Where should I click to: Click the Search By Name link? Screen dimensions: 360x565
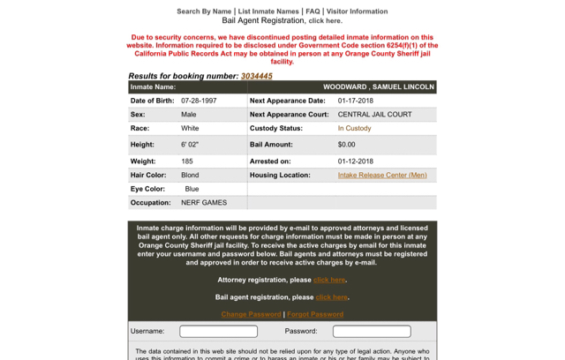(x=204, y=11)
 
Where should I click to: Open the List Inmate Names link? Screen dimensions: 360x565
(x=268, y=11)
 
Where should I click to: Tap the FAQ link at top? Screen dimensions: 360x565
(x=313, y=11)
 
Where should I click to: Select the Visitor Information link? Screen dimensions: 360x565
(x=357, y=11)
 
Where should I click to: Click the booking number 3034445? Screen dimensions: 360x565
(x=257, y=76)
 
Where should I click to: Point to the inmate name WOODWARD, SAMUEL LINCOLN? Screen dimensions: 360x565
(x=379, y=87)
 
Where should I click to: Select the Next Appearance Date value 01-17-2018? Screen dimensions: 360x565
(x=356, y=101)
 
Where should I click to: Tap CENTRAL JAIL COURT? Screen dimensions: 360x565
(x=374, y=115)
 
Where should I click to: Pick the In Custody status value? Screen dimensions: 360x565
(x=354, y=129)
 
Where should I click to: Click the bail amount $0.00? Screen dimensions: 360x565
(x=347, y=145)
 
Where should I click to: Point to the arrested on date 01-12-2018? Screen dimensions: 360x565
(x=356, y=161)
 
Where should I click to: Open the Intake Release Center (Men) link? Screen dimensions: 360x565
(x=382, y=176)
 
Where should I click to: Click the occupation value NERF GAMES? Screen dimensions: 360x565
(x=204, y=203)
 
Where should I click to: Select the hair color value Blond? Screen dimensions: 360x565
(x=190, y=176)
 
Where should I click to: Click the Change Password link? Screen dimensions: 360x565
(x=251, y=314)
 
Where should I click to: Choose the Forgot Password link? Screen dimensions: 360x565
(x=315, y=314)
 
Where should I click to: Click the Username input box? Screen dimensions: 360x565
(x=218, y=332)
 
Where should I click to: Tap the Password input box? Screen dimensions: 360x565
(x=372, y=332)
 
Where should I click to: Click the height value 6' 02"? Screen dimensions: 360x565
(x=190, y=145)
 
